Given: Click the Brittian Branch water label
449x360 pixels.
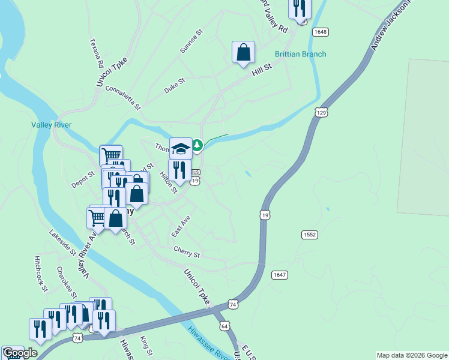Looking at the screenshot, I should pos(300,54).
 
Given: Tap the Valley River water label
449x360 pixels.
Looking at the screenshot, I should pos(51,125).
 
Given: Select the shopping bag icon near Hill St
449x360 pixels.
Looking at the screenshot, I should pos(243,52).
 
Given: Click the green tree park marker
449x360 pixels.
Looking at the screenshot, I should pos(197,145).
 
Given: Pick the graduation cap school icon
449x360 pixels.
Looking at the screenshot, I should pos(181,148).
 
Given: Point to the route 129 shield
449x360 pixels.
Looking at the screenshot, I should pos(321,113).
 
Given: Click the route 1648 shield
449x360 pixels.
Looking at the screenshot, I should pos(321,31).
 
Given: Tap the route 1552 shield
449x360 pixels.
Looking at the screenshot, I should pos(310,235).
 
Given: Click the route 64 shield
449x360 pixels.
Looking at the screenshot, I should pos(224,326).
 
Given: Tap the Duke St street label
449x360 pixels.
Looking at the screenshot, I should pos(175,85).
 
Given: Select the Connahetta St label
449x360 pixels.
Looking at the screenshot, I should pos(122,98).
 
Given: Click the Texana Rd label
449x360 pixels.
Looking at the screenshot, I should pos(97,53).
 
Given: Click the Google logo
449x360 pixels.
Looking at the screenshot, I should pos(20,353).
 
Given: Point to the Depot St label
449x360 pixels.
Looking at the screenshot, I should pos(83,179).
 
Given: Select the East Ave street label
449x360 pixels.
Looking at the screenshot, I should pos(180,226).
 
